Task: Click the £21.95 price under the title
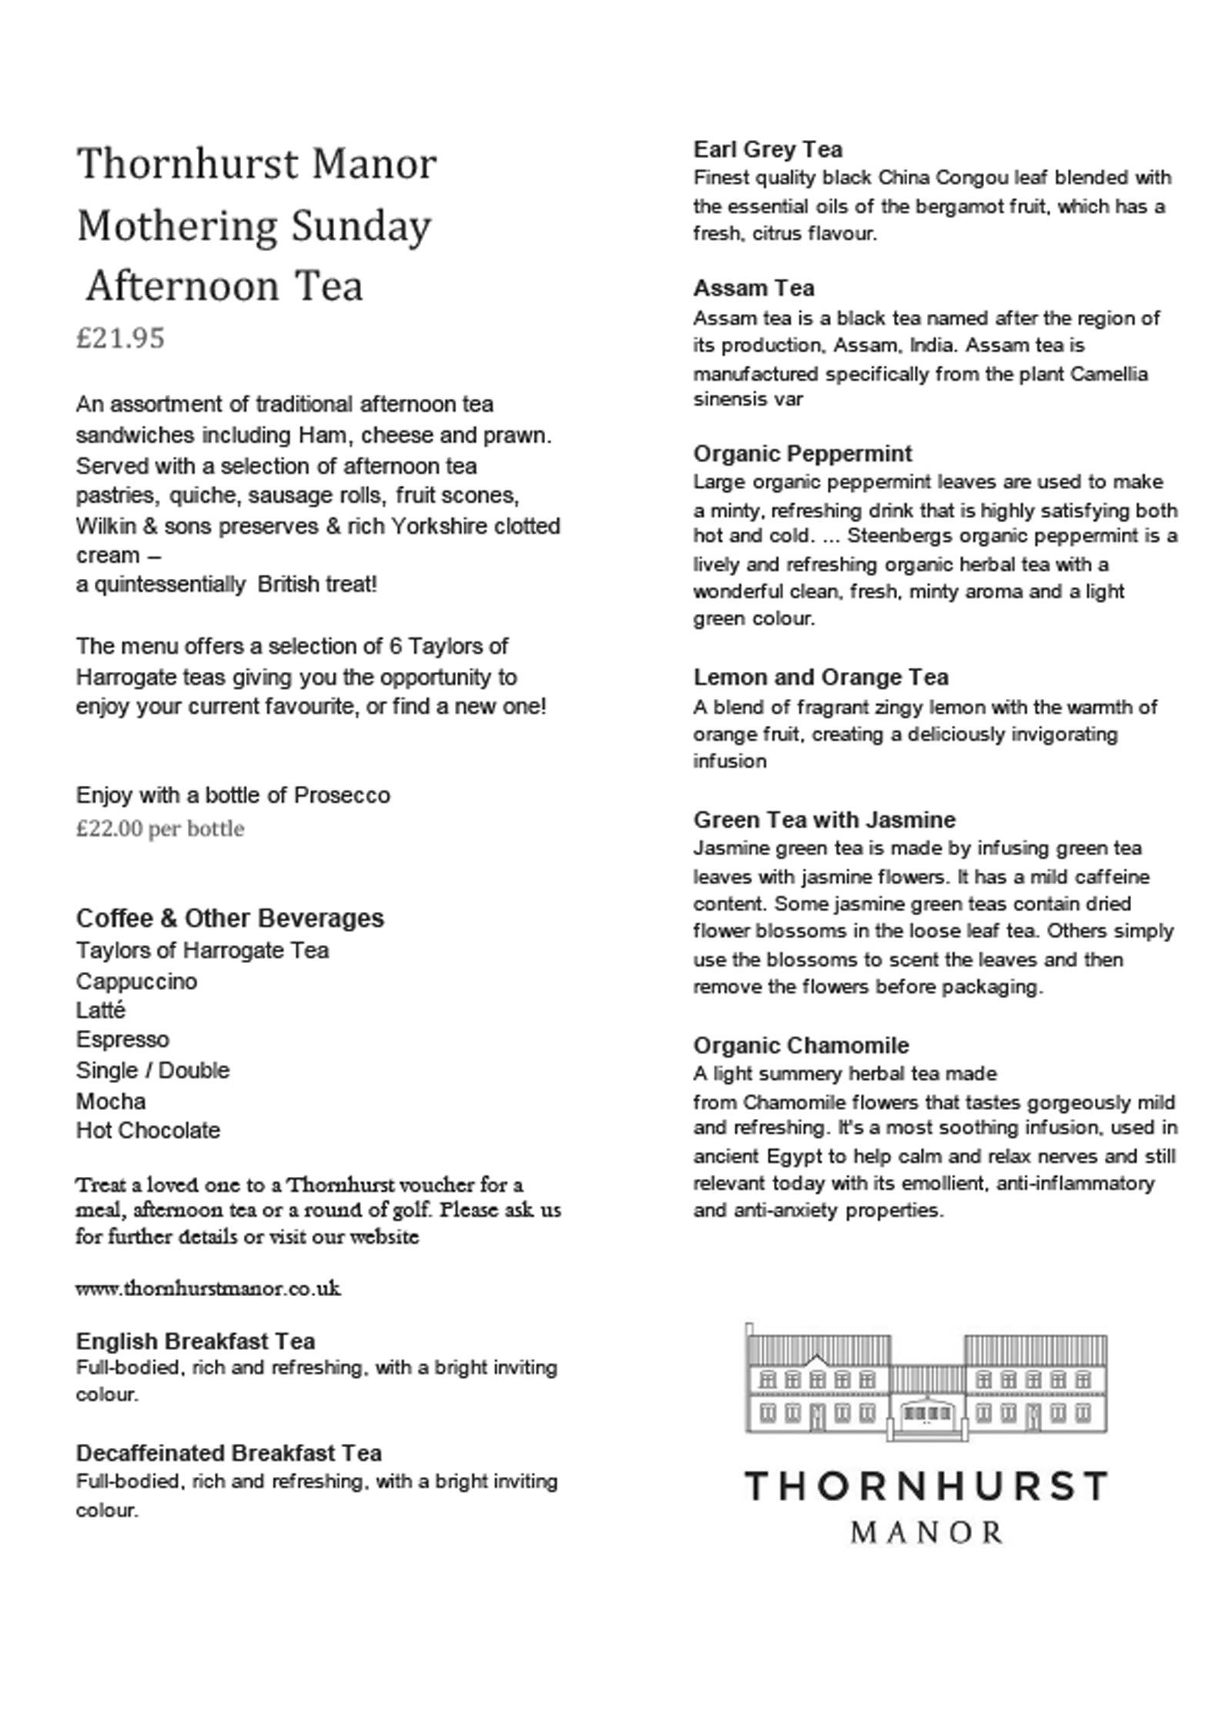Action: tap(120, 338)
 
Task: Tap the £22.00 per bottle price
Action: tap(159, 829)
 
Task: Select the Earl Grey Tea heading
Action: tap(767, 149)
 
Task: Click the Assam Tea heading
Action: tap(753, 289)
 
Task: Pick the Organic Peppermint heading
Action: tap(802, 453)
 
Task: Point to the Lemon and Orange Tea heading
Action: tap(820, 677)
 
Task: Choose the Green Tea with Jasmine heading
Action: tap(824, 820)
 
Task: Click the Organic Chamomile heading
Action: tap(801, 1045)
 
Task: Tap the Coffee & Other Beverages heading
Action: tap(229, 918)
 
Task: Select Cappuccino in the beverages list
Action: tap(136, 981)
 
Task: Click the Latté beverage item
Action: tap(100, 1010)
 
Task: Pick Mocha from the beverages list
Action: tap(110, 1101)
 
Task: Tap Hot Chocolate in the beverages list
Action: tap(148, 1131)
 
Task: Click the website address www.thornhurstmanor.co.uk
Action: tap(208, 1288)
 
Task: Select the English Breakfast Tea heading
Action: tap(195, 1342)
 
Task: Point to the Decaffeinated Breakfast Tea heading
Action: tap(229, 1453)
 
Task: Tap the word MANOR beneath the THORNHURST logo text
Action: tap(926, 1532)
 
